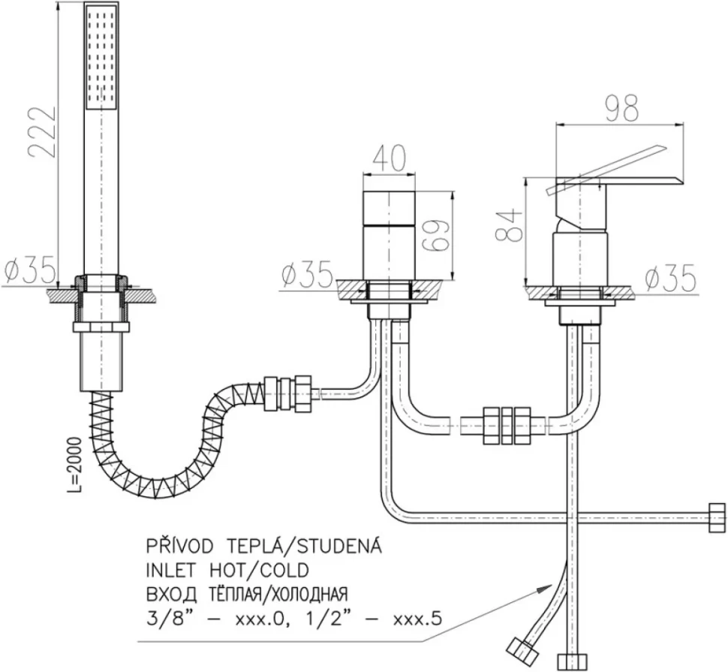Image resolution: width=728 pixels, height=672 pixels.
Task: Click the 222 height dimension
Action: [x=42, y=134]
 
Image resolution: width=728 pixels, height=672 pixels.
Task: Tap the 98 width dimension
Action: [x=623, y=109]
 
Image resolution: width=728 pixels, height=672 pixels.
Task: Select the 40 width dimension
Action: [x=389, y=158]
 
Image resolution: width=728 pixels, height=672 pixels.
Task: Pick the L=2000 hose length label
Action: [x=74, y=465]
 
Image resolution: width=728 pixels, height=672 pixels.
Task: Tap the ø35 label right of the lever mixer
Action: [x=671, y=278]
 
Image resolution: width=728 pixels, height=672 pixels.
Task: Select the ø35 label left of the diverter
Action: [x=307, y=274]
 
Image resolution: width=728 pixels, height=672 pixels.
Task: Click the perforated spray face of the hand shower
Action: [x=101, y=58]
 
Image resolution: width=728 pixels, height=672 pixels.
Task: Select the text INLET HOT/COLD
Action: [x=227, y=571]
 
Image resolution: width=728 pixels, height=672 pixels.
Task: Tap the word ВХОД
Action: [x=169, y=594]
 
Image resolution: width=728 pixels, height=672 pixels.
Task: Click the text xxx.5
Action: [x=417, y=619]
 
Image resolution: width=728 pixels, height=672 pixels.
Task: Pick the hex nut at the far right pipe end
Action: [x=717, y=517]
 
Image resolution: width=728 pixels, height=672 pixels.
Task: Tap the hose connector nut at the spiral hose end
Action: [x=288, y=393]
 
